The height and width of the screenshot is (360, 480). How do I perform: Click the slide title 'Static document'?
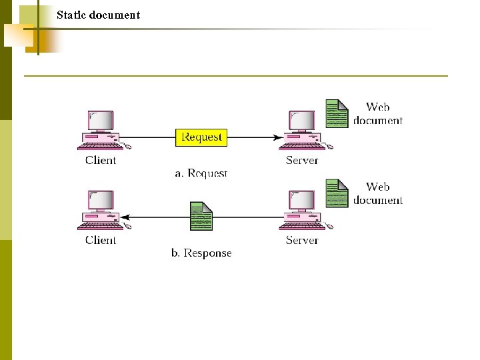click(x=98, y=15)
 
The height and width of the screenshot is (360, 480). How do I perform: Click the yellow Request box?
click(x=201, y=137)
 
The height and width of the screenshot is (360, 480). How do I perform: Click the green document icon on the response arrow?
click(x=201, y=217)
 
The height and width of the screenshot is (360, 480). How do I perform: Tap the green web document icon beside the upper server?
click(x=337, y=113)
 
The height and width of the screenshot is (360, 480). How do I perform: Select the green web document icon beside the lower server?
click(x=337, y=193)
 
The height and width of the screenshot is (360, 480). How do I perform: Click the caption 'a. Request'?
click(x=201, y=173)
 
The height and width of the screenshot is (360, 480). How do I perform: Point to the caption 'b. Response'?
click(x=201, y=253)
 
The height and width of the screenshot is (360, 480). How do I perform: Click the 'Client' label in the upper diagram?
click(x=101, y=160)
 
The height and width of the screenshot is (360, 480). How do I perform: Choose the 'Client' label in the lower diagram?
click(x=101, y=240)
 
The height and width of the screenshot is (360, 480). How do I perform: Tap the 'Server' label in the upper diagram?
click(x=302, y=160)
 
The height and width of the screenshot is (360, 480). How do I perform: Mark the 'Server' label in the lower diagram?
click(x=302, y=240)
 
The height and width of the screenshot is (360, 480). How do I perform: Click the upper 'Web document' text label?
click(x=378, y=113)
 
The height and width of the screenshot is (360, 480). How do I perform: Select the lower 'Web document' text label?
click(x=378, y=193)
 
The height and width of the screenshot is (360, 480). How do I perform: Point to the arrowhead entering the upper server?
click(x=277, y=138)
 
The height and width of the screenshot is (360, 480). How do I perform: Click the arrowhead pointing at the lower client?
click(x=125, y=217)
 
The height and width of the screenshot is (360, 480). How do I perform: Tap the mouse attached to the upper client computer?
click(x=127, y=146)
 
